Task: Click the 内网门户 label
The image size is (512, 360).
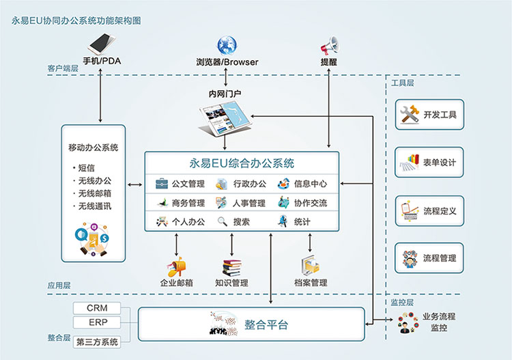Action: click(x=226, y=93)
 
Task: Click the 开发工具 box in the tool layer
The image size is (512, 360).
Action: click(x=429, y=114)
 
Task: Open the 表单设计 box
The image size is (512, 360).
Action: click(x=429, y=163)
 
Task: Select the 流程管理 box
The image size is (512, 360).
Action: click(x=429, y=258)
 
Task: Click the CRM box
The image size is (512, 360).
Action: click(x=97, y=309)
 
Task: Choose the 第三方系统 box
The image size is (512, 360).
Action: click(x=97, y=342)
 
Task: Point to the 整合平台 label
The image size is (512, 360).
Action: click(x=266, y=325)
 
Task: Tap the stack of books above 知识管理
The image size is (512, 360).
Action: click(x=231, y=266)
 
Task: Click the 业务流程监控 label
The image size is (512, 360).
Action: click(x=438, y=322)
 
